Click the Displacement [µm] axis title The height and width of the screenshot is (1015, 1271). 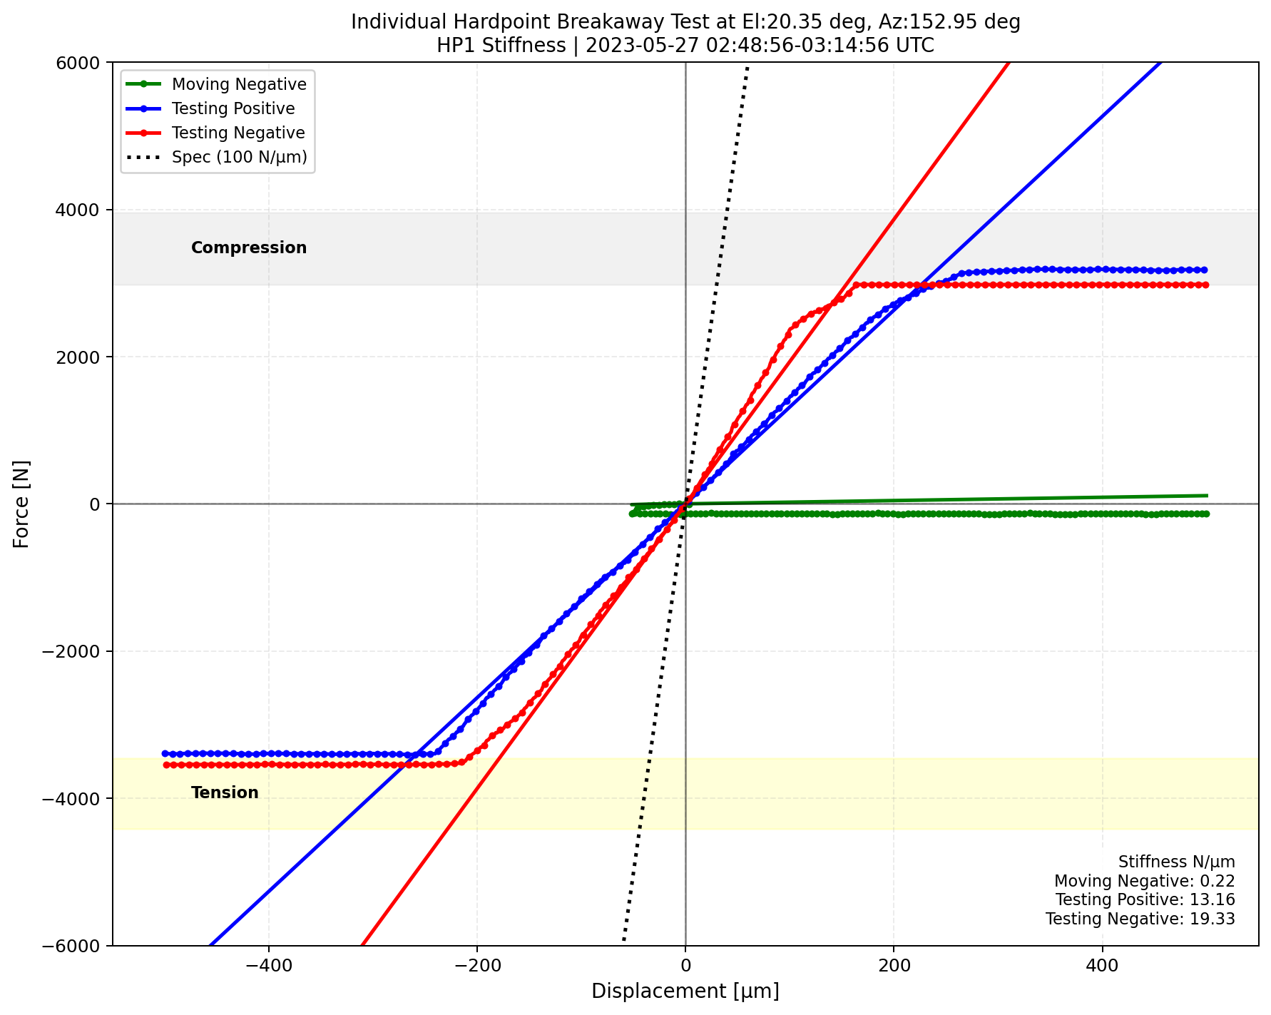[x=685, y=991]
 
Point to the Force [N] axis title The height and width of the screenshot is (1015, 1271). [x=22, y=504]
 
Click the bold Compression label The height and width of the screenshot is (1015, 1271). [x=249, y=248]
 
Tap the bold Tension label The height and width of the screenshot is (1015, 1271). [x=225, y=792]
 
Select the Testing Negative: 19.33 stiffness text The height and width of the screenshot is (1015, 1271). [x=1140, y=919]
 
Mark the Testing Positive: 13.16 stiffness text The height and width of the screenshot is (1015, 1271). [x=1145, y=900]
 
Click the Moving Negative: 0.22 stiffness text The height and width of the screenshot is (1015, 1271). [x=1144, y=881]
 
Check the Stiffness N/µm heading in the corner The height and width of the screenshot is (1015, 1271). [x=1176, y=862]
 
